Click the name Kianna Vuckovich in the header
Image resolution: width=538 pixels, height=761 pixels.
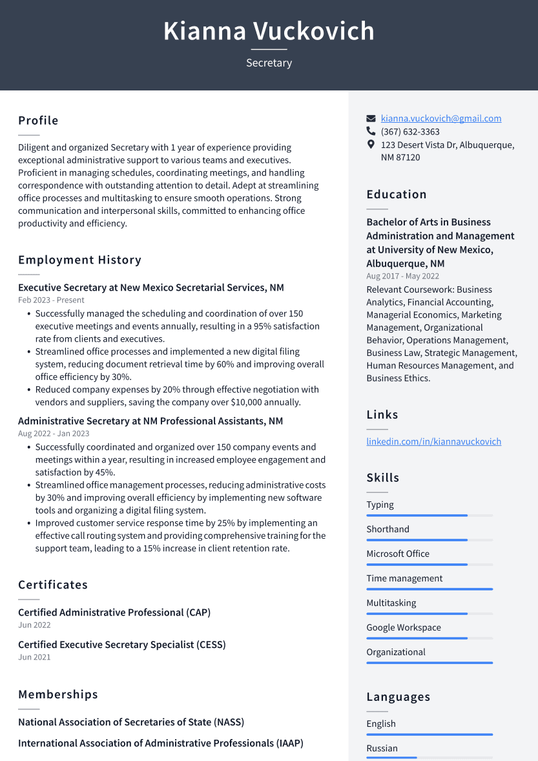269,31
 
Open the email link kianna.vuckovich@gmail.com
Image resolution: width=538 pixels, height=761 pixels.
440,118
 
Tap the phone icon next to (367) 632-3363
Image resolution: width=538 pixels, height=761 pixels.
371,131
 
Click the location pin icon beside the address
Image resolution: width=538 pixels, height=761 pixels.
371,145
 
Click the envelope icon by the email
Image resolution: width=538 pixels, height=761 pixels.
371,119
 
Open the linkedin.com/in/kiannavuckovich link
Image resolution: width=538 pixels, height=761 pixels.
433,441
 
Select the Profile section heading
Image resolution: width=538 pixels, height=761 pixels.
38,121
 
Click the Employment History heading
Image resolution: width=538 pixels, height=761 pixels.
79,260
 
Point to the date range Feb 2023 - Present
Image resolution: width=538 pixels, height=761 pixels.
51,300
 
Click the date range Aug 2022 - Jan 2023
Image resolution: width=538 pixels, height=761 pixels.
54,433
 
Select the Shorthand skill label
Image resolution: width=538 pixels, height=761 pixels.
388,529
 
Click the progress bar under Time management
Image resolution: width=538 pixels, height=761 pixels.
429,589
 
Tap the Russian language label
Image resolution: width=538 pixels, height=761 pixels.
382,748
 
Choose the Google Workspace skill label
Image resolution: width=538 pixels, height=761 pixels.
404,627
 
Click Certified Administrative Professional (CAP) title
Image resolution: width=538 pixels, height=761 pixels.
114,612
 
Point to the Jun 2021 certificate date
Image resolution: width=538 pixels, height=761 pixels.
34,657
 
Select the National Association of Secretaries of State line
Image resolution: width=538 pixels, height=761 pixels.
131,722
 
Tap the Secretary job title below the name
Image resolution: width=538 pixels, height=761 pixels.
269,63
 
